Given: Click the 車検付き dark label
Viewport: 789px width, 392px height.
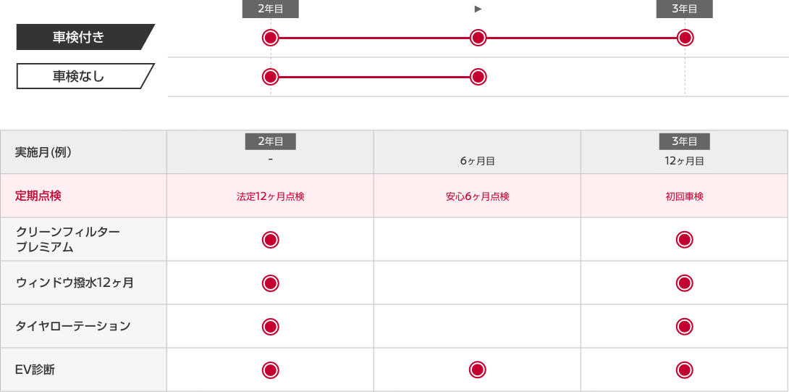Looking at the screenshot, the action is (85, 37).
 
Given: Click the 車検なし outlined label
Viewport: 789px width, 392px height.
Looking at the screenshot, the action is (85, 76).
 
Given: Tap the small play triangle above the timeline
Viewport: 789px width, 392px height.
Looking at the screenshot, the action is (478, 9).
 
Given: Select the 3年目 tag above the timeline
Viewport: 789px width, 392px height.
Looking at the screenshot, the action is (684, 9).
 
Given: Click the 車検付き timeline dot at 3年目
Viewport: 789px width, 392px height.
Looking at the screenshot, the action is (685, 38).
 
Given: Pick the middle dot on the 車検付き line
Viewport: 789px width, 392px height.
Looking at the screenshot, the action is (478, 38).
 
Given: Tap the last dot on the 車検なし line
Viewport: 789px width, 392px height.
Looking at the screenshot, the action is (478, 77).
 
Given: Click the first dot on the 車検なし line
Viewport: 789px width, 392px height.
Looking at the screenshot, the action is (270, 77).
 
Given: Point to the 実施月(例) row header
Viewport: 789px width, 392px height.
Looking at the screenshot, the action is (43, 153).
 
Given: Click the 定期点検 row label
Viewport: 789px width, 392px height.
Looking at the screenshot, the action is (38, 196).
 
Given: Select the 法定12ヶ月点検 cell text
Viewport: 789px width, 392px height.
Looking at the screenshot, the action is (270, 196).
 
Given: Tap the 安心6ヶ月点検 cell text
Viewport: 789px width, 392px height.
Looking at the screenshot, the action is (478, 196).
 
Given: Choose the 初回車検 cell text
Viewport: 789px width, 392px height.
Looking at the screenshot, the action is (684, 196).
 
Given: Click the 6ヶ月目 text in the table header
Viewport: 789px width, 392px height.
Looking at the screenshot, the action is (478, 162).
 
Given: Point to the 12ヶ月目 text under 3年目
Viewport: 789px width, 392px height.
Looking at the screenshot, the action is (684, 162).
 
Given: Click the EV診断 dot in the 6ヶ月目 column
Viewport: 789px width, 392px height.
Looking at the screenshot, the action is (478, 370).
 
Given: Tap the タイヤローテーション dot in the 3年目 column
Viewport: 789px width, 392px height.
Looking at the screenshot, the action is (684, 327).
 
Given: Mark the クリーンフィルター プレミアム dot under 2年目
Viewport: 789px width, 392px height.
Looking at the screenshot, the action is (270, 240).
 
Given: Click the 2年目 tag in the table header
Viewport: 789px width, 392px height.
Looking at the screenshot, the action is (270, 141).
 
